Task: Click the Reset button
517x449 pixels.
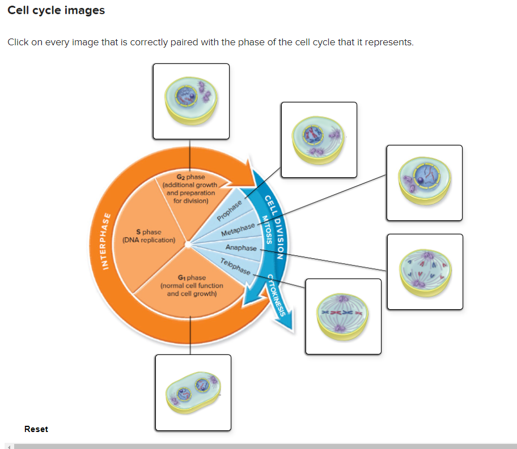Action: [x=36, y=429]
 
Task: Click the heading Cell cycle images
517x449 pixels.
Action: [x=56, y=11]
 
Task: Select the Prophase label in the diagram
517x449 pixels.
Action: [x=230, y=210]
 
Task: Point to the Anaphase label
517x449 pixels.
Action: [x=241, y=248]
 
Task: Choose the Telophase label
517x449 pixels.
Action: [x=235, y=266]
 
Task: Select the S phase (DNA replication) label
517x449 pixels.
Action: [x=149, y=236]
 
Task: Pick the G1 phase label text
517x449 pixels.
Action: [x=192, y=285]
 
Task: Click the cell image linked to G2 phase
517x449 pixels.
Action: [x=190, y=101]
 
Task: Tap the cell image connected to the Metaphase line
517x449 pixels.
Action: [x=424, y=182]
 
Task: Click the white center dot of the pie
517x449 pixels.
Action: [x=190, y=244]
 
